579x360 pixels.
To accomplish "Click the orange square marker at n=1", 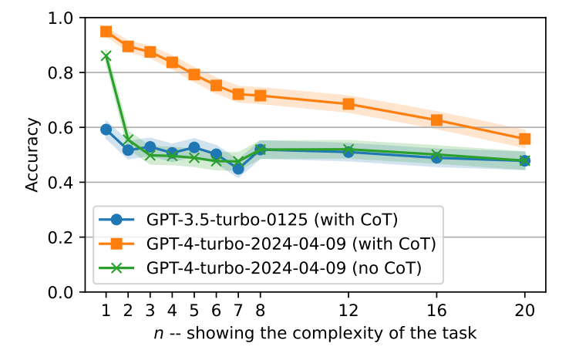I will [106, 32].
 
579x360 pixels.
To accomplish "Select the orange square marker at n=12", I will [348, 104].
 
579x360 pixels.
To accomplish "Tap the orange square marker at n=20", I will [524, 139].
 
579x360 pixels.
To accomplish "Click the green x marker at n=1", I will [106, 56].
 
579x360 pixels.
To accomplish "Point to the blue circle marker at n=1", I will [106, 130].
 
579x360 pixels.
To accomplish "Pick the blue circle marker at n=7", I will [238, 168].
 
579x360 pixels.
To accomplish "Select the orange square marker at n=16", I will [436, 120].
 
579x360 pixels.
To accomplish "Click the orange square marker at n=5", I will [194, 75].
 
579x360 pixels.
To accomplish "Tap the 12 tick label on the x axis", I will [348, 311].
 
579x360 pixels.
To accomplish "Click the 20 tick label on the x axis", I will [524, 311].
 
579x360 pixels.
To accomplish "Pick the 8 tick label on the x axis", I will [261, 311].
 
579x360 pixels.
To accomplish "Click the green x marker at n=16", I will [436, 155].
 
